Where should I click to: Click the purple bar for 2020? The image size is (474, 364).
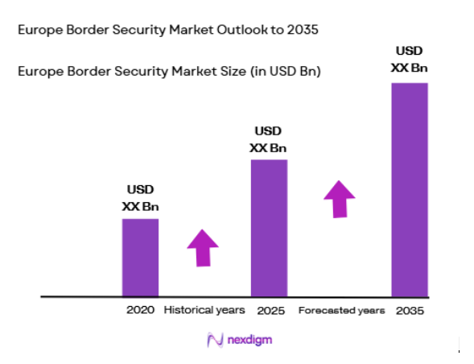(x=140, y=257)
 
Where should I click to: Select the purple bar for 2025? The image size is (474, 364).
(x=269, y=228)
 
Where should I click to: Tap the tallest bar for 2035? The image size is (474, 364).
(x=409, y=189)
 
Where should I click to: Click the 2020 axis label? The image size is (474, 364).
(x=139, y=310)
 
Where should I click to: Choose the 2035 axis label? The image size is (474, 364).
(x=410, y=310)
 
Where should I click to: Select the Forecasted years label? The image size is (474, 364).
(x=341, y=310)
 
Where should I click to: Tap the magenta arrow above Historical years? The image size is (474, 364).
(x=201, y=247)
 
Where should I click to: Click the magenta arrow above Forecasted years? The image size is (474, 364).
(x=340, y=198)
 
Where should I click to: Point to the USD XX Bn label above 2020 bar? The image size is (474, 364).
(x=141, y=199)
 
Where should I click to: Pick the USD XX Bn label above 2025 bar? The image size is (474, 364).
(x=269, y=139)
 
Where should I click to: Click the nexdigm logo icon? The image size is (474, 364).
(x=214, y=340)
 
